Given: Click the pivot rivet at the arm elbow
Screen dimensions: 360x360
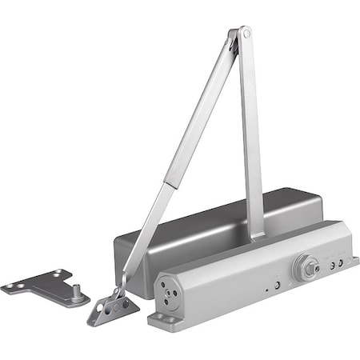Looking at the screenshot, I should (245, 34).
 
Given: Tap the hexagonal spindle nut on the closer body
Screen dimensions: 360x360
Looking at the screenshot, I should (304, 267).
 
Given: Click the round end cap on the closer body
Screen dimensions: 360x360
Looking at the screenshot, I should (170, 294).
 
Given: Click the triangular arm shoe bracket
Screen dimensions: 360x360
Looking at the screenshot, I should (113, 307).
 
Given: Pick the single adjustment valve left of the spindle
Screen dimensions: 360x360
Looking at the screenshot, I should (277, 282).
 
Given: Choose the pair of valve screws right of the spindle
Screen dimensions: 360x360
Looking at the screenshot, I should (336, 262).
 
